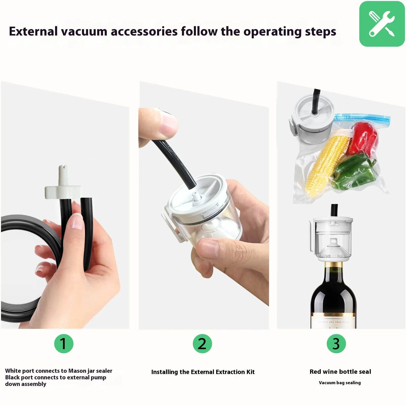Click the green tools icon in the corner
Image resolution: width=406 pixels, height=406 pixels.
pos(382,24)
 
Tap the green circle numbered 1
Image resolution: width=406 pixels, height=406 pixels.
pos(64,344)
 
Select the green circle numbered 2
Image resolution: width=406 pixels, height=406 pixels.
pos(202,344)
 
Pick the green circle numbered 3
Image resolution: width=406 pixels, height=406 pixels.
pos(336,344)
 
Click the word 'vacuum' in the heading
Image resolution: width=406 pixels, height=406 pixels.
pos(84,32)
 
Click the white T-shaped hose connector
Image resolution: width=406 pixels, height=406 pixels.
pos(63,189)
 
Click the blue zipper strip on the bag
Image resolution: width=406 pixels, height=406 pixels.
pos(363,118)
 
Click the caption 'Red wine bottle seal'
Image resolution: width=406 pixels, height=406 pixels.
pos(340,372)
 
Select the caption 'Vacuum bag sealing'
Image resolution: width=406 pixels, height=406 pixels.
pos(340,383)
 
